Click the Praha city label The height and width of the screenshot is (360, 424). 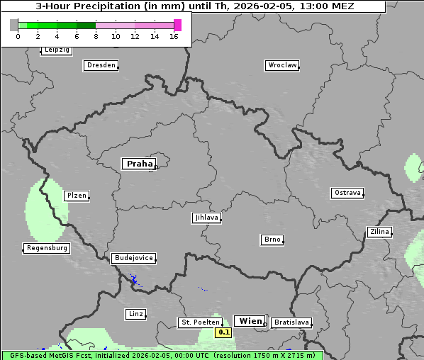tap(139, 164)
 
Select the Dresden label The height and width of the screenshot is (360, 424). tap(101, 65)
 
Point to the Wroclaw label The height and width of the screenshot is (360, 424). tap(282, 65)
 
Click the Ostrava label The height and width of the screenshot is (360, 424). tap(347, 193)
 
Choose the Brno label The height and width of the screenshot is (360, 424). tap(272, 240)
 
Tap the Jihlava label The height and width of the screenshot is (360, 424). tap(206, 218)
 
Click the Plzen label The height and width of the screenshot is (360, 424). tap(76, 196)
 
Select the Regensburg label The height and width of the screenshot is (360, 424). tap(47, 248)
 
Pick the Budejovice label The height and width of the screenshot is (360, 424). tap(133, 258)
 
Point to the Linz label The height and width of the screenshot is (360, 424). tap(135, 313)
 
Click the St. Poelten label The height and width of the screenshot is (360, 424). tap(200, 322)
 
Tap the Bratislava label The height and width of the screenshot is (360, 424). tap(291, 322)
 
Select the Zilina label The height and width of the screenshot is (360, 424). tap(379, 232)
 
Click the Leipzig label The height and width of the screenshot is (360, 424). tap(56, 50)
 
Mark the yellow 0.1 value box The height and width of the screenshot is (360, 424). tap(223, 332)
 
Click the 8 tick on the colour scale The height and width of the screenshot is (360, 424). tap(96, 35)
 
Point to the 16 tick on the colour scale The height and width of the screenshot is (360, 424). tap(174, 35)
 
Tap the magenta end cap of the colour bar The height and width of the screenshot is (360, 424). tap(177, 25)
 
